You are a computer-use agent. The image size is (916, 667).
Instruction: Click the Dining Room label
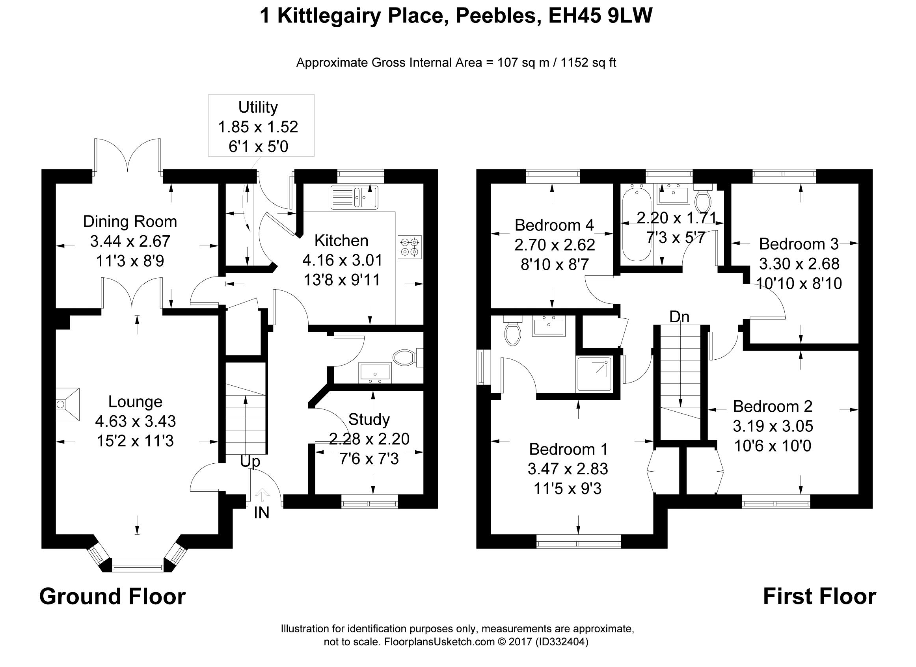(x=130, y=221)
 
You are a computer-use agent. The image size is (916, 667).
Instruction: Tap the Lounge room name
(x=135, y=401)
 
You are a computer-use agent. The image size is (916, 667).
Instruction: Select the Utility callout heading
(x=258, y=107)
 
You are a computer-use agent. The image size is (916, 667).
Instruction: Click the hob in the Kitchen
(x=410, y=247)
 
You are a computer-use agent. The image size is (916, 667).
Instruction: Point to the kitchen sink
(x=355, y=197)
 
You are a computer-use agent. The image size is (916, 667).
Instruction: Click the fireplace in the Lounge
(x=67, y=404)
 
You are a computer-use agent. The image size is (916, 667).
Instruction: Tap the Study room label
(x=369, y=420)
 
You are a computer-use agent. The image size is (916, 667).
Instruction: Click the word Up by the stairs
(x=250, y=461)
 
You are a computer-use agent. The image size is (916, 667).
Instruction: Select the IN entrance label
(x=261, y=513)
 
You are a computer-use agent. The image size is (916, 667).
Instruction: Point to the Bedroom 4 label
(x=554, y=225)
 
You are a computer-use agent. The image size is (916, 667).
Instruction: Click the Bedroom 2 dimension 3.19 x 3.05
(x=773, y=426)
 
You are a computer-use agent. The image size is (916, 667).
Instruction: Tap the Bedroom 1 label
(x=568, y=449)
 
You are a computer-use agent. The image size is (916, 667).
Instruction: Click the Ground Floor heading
(x=112, y=596)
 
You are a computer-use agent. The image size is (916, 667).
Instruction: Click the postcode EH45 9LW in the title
(x=601, y=16)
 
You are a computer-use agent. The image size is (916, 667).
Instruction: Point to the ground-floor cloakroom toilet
(x=405, y=357)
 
